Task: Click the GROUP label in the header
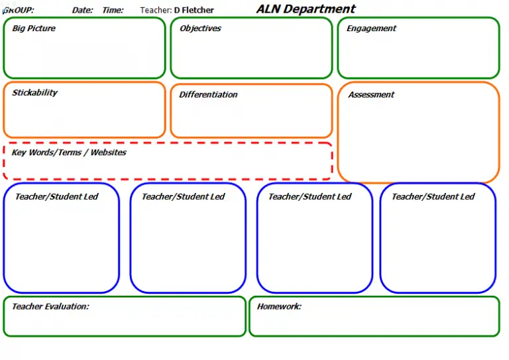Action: tap(19, 10)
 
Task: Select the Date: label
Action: tap(82, 10)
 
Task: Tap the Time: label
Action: tap(113, 10)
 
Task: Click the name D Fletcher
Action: tap(194, 10)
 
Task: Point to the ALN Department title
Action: tap(306, 9)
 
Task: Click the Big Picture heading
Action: tap(34, 29)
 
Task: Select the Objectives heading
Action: tap(200, 29)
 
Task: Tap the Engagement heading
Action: tap(371, 29)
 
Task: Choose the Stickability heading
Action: tap(34, 93)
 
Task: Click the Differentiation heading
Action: tap(208, 94)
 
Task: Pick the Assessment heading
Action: tap(371, 95)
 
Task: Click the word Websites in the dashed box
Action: tap(108, 152)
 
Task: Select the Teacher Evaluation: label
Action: tap(50, 306)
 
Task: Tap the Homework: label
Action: tap(279, 306)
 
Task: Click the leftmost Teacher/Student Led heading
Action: tap(56, 196)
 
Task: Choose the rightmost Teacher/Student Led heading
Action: tap(433, 196)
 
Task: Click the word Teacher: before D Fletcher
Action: tap(156, 10)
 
